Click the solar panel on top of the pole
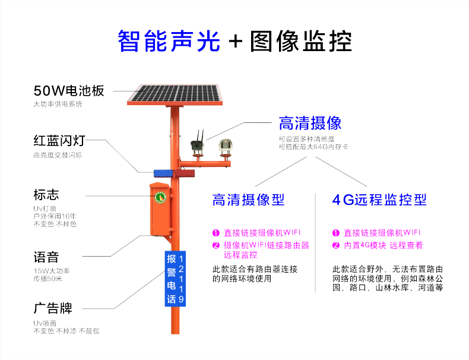coord(175,95)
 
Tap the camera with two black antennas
coord(198,143)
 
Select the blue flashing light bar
coord(163,173)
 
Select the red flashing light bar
coord(184,173)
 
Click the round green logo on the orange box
coord(160,197)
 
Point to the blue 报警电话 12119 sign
coord(175,279)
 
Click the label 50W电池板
coord(69,91)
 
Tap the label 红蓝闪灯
coord(59,140)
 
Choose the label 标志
coord(46,194)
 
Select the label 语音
coord(46,257)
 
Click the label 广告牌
coord(53,308)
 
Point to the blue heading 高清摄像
coord(310,123)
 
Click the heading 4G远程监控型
coord(379,200)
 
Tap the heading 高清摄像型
coord(248,200)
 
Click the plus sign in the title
coord(236,41)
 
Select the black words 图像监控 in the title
coord(301,41)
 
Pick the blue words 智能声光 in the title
coord(169,41)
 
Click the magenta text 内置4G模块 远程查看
coord(383,245)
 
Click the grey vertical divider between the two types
coord(316,243)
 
